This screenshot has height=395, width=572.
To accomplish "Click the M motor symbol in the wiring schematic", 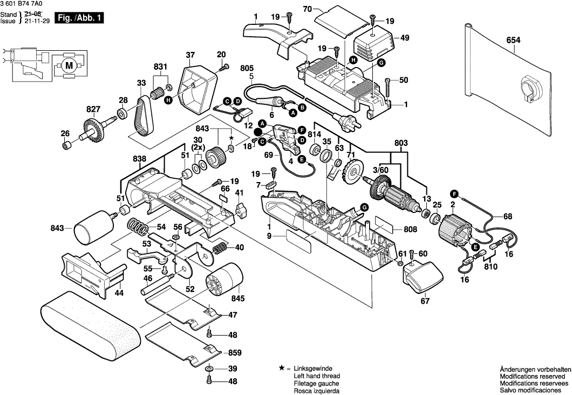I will (69, 65).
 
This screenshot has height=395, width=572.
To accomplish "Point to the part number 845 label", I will (238, 298).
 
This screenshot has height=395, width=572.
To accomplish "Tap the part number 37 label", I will (190, 55).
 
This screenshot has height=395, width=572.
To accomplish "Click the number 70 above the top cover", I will (308, 9).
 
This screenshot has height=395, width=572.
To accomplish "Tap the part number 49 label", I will (405, 38).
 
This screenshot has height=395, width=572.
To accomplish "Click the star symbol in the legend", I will (281, 367).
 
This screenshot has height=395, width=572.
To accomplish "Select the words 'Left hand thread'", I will (316, 375).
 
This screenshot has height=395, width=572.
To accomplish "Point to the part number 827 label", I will (93, 109).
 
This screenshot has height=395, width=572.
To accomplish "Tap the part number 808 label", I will (410, 229).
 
